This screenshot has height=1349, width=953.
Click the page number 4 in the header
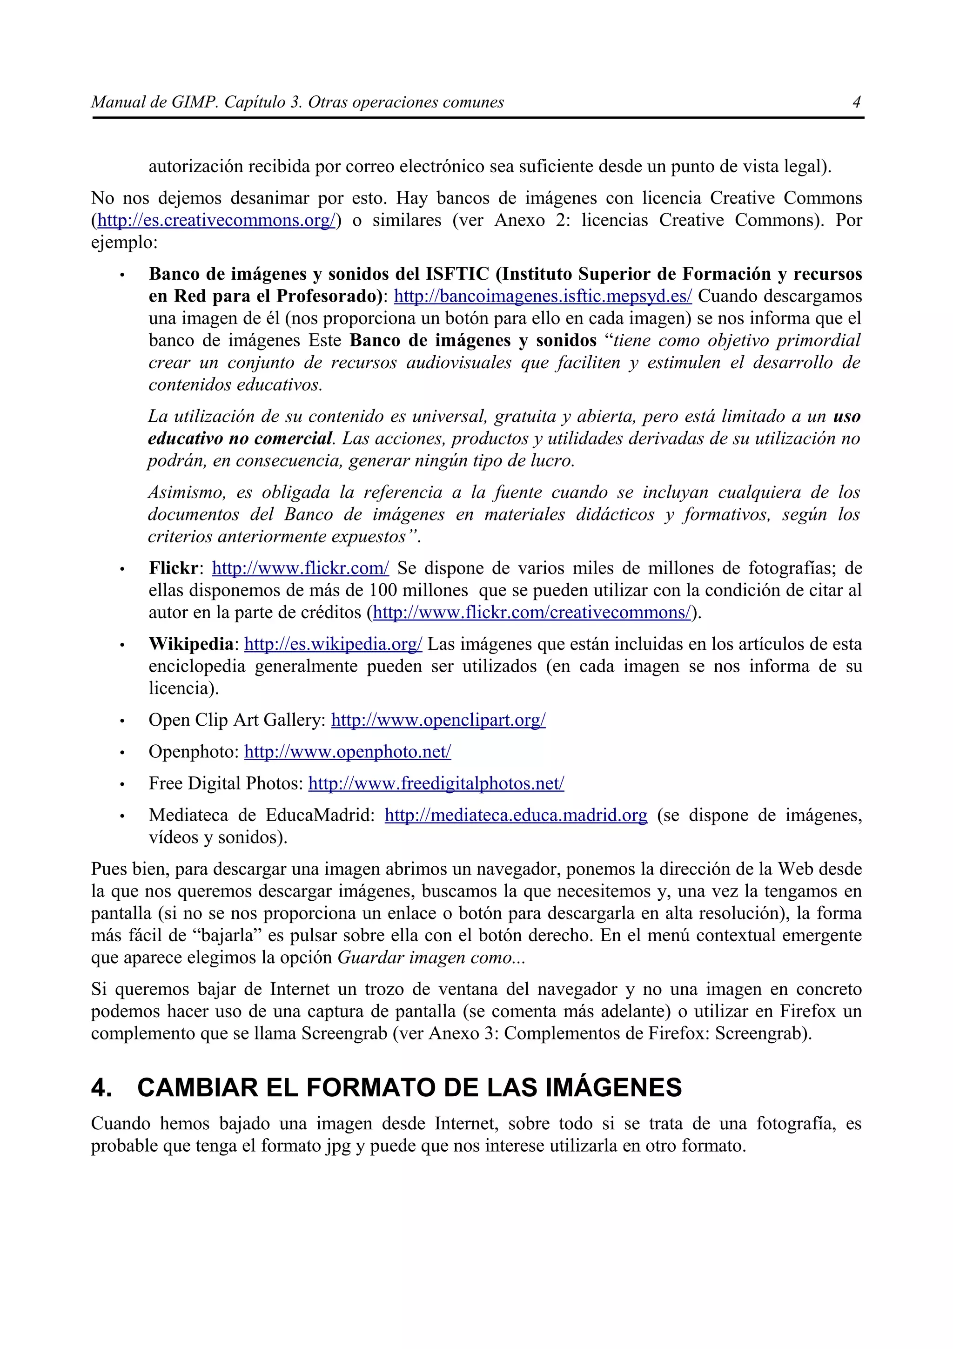coord(856,102)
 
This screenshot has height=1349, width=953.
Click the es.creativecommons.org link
coord(216,220)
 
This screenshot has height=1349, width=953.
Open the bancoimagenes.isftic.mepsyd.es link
coord(543,296)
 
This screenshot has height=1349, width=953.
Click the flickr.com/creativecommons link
coord(532,613)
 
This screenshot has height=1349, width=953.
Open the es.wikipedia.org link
coord(333,645)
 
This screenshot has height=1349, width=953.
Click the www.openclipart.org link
coord(438,720)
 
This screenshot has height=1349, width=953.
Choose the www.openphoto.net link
coord(348,752)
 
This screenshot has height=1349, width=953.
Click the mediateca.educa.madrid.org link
coord(516,816)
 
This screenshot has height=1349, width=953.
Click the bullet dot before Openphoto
coord(122,753)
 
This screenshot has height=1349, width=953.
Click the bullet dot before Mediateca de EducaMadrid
coord(122,816)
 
